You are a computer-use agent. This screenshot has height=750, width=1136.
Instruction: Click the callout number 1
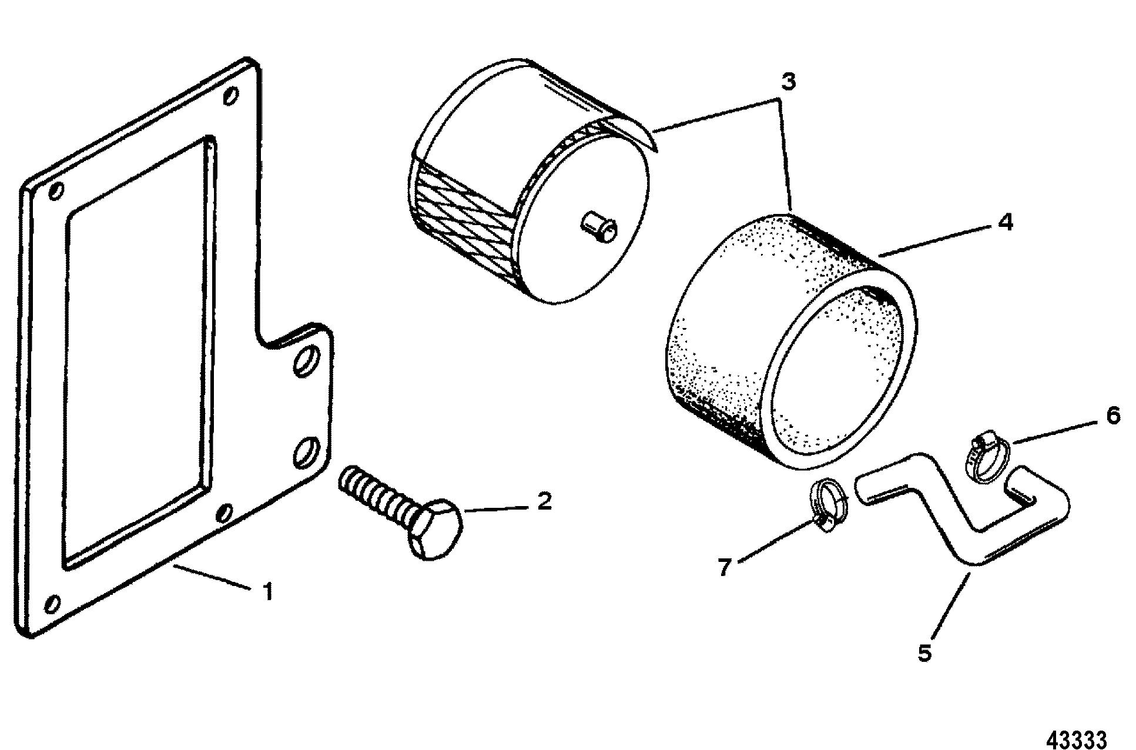tap(268, 591)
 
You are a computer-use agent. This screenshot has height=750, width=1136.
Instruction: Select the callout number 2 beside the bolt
tap(544, 501)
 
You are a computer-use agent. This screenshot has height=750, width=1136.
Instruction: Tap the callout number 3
tap(788, 82)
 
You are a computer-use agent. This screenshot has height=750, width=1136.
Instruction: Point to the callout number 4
tap(1005, 222)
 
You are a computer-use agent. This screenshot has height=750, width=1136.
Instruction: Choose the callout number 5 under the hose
tap(925, 653)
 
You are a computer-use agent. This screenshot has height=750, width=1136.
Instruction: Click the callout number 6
tap(1112, 416)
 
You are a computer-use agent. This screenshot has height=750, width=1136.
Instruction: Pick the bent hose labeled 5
tap(952, 517)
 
